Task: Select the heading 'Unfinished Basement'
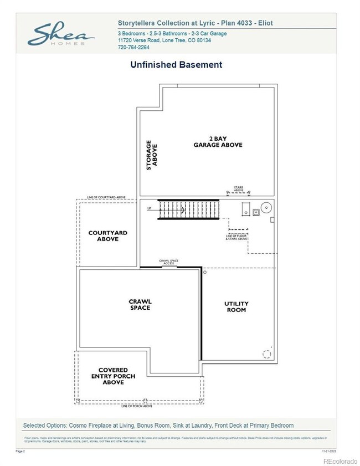(x=176, y=65)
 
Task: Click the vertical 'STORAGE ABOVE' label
(x=151, y=157)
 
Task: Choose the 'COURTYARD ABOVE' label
(x=107, y=236)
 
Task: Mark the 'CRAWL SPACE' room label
(x=140, y=305)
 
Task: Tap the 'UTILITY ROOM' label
(x=236, y=306)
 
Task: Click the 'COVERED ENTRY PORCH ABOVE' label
(x=113, y=376)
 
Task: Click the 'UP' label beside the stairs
(x=150, y=209)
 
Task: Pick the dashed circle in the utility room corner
(x=266, y=354)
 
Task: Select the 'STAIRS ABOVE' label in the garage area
(x=238, y=189)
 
